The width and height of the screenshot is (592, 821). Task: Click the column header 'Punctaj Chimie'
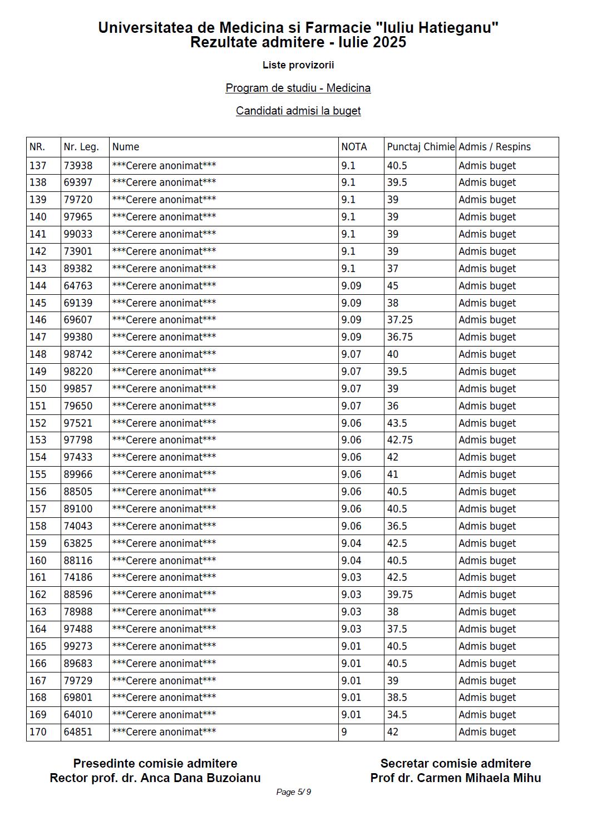(421, 147)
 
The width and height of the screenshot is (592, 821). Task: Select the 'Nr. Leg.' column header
(81, 147)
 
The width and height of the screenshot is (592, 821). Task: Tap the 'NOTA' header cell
(354, 147)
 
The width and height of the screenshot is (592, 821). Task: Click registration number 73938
(78, 166)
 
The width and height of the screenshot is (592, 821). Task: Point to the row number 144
(38, 286)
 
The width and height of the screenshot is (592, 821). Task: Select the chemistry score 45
(393, 286)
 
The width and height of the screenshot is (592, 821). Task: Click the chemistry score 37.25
(400, 320)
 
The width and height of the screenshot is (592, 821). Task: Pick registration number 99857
(78, 389)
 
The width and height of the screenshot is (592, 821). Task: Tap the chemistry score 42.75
(400, 440)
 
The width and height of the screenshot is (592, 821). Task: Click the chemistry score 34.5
(397, 715)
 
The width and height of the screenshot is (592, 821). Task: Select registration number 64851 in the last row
(78, 732)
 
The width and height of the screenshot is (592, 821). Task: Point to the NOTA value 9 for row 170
(344, 732)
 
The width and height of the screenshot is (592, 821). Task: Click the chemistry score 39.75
(400, 595)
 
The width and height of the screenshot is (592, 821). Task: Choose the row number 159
(38, 543)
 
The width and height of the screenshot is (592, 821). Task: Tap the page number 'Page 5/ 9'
(294, 792)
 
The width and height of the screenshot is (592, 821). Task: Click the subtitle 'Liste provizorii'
(298, 65)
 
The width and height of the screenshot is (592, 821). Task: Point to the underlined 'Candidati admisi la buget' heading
(298, 111)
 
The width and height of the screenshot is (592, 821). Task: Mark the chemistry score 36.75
(400, 337)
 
